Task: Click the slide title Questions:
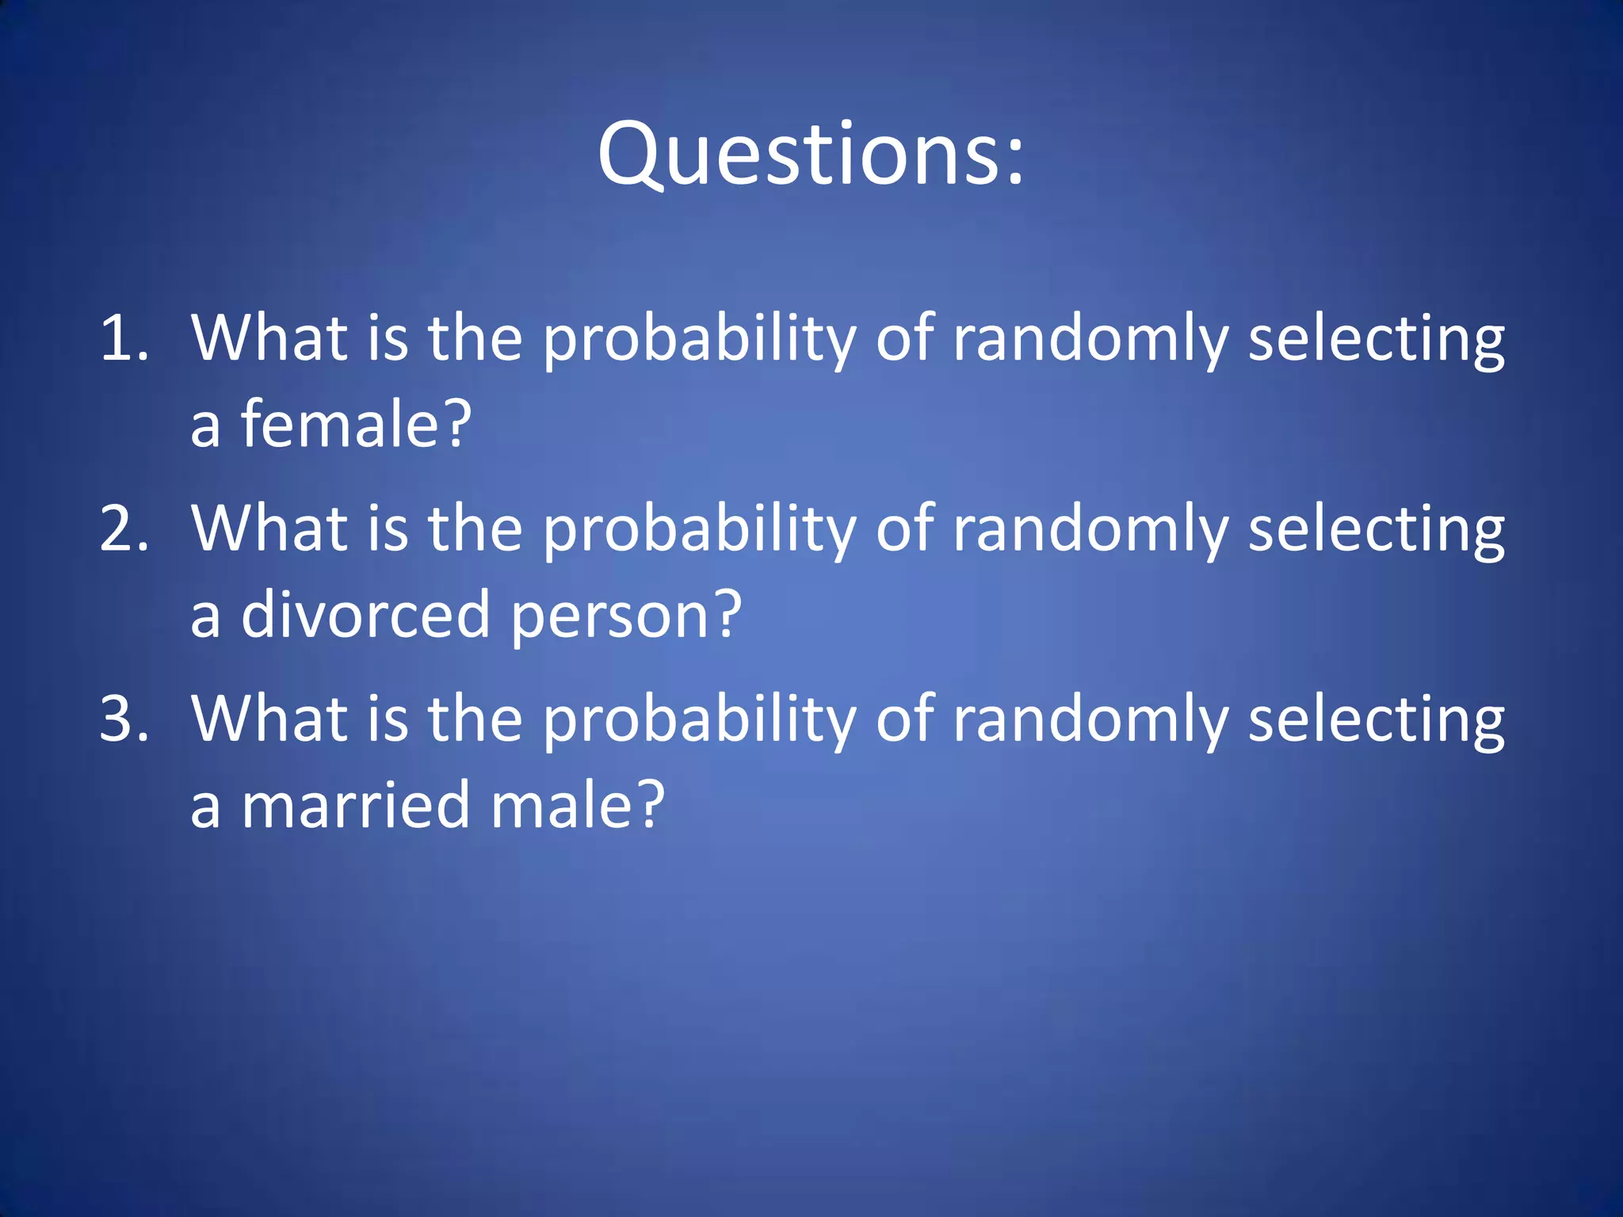pyautogui.click(x=811, y=155)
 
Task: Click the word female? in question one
pyautogui.click(x=356, y=424)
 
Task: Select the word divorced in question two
pyautogui.click(x=365, y=614)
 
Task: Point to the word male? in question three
pyautogui.click(x=578, y=805)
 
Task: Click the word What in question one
pyautogui.click(x=269, y=338)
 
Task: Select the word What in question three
pyautogui.click(x=269, y=719)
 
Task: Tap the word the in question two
pyautogui.click(x=475, y=528)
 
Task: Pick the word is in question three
pyautogui.click(x=388, y=719)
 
